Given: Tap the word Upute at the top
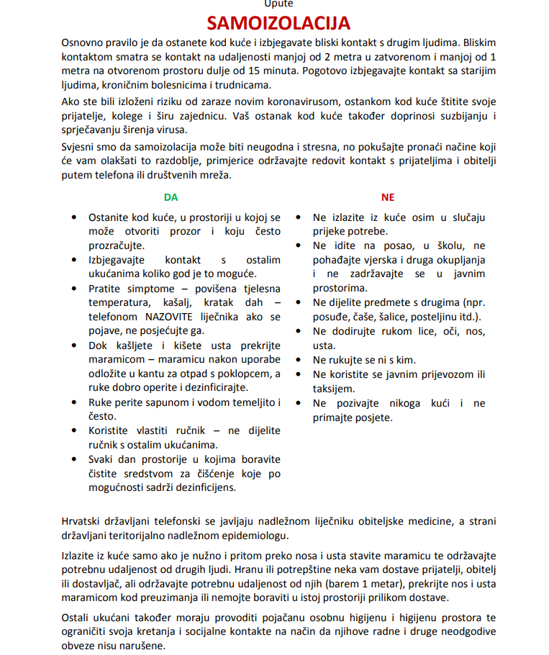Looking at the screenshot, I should pyautogui.click(x=278, y=4).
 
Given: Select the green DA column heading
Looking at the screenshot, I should pyautogui.click(x=171, y=197).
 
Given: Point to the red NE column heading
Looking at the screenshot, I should pyautogui.click(x=388, y=197).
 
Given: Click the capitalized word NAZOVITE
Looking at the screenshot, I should pyautogui.click(x=176, y=315).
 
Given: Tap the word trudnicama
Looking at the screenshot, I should pyautogui.click(x=227, y=84).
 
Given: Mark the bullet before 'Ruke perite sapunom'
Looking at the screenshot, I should pyautogui.click(x=75, y=402).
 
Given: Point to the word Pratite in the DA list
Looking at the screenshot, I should pyautogui.click(x=106, y=288).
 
